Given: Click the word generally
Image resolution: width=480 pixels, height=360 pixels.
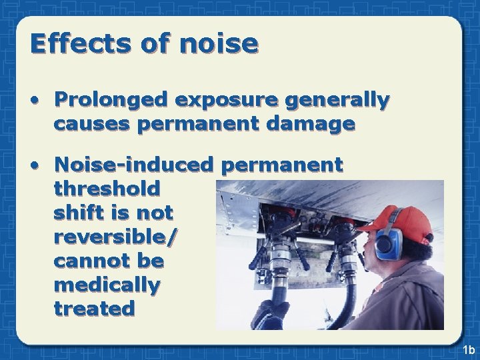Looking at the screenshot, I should (337, 100).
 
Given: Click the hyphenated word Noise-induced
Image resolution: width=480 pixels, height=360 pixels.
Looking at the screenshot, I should (133, 164).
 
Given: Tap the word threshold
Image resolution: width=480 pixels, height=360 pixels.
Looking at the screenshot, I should (107, 189).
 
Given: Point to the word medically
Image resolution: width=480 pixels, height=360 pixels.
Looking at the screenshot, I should (107, 285).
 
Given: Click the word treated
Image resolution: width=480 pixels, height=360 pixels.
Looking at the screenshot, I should (94, 309).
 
